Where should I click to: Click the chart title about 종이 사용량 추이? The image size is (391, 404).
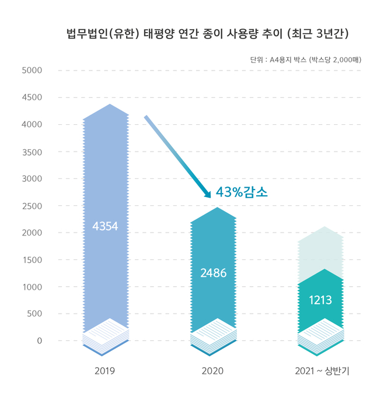tap(207, 34)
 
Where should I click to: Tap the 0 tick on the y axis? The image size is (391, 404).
tap(39, 340)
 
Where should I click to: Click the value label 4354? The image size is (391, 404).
tap(106, 226)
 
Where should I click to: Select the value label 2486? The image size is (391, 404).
tap(213, 272)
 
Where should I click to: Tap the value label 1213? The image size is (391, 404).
tap(320, 300)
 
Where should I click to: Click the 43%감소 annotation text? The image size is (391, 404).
tap(242, 192)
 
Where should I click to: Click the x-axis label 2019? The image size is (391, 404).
tap(106, 371)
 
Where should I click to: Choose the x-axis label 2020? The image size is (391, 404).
tap(213, 371)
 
